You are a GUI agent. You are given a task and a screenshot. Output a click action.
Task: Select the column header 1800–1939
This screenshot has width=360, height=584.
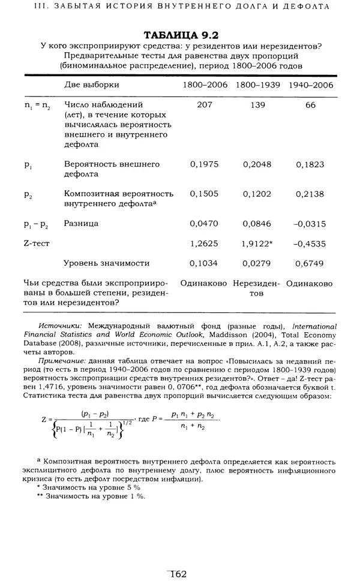pos(258,85)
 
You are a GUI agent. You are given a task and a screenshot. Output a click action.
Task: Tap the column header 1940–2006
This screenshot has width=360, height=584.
pos(311,85)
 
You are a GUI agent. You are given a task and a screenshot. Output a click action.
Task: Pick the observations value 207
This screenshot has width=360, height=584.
pos(205,104)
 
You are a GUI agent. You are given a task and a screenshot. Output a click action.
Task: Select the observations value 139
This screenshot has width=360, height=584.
pos(258,104)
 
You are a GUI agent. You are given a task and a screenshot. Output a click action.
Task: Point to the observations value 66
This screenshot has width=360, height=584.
pos(311,104)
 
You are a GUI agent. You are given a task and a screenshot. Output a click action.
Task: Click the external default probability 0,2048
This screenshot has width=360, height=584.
pos(258,164)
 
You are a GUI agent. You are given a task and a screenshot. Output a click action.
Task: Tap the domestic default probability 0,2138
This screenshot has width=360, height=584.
pos(311,194)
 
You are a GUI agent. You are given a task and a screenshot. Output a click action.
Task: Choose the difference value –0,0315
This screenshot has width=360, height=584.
pos(310,224)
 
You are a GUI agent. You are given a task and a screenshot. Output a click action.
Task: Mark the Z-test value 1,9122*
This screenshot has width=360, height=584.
pos(259,243)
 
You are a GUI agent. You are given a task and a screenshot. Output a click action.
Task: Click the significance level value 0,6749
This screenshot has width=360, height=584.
pos(311,263)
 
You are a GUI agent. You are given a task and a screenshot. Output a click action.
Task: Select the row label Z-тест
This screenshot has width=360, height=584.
pos(37,243)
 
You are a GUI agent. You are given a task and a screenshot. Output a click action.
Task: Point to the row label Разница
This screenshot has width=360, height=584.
pos(82,224)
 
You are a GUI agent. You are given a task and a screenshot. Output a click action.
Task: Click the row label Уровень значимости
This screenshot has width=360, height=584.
pos(107,263)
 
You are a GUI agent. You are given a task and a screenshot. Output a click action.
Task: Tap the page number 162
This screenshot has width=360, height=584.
pos(179,574)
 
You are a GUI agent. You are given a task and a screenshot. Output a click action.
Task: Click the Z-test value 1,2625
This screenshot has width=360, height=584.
pos(205,243)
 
